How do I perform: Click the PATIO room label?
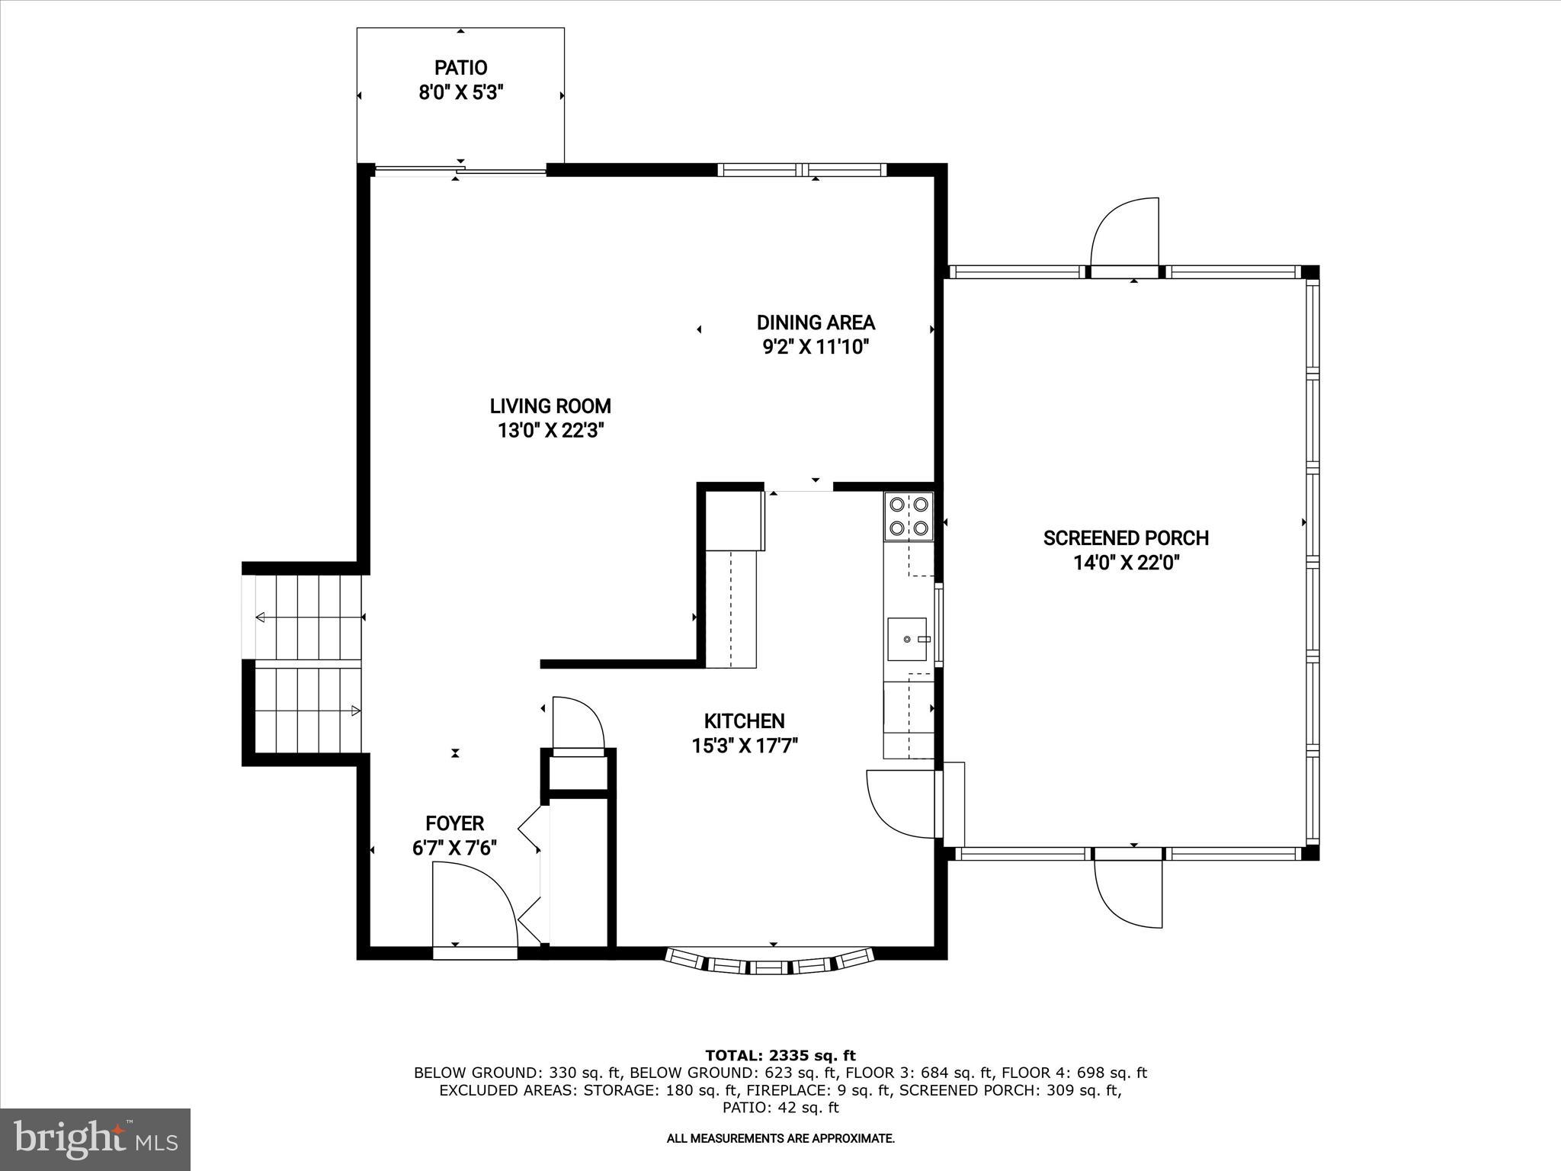pyautogui.click(x=460, y=68)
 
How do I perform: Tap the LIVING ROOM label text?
pyautogui.click(x=550, y=406)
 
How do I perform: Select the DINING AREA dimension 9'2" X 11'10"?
pyautogui.click(x=816, y=348)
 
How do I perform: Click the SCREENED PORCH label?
pyautogui.click(x=1126, y=538)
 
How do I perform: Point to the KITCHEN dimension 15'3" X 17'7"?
pyautogui.click(x=744, y=746)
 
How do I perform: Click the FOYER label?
pyautogui.click(x=454, y=823)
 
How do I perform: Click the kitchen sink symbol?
pyautogui.click(x=907, y=639)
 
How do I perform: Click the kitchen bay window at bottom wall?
pyautogui.click(x=770, y=961)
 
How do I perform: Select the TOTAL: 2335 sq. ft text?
pyautogui.click(x=780, y=1056)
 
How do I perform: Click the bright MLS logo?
pyautogui.click(x=95, y=1140)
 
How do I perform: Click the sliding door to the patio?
pyautogui.click(x=460, y=171)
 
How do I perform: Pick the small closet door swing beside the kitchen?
pyautogui.click(x=577, y=723)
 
